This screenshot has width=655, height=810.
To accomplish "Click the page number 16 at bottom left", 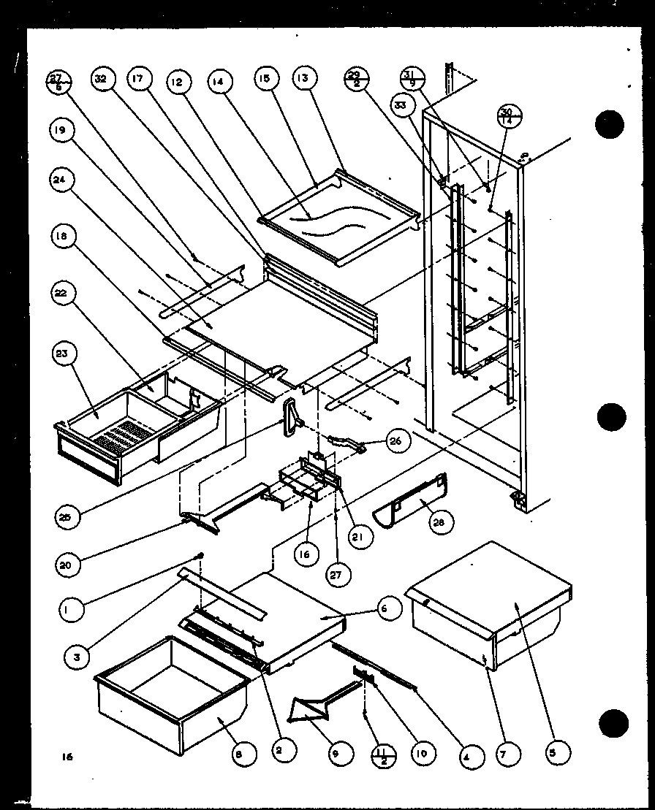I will [x=67, y=758].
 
